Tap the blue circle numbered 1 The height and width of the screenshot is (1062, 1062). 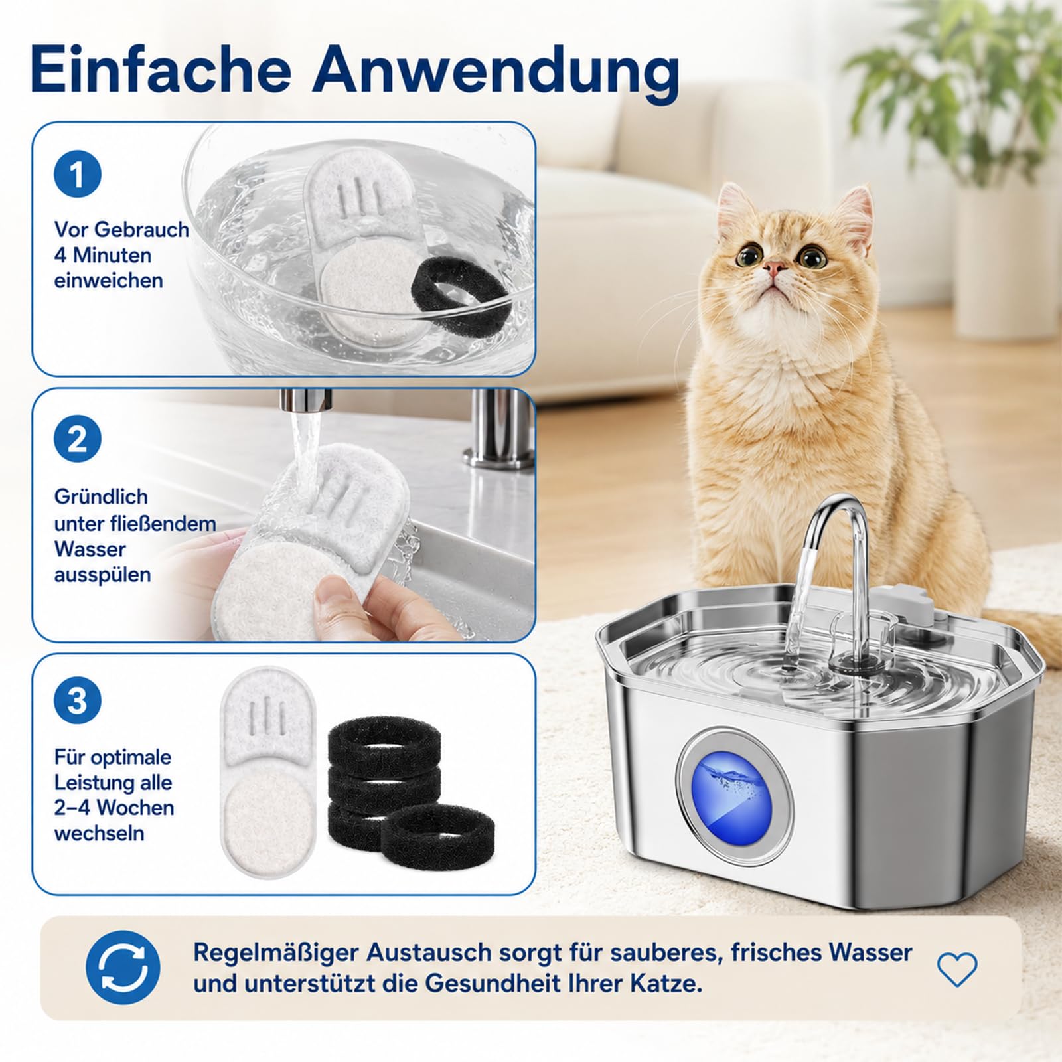(x=78, y=175)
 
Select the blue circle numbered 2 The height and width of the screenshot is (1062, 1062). (x=78, y=439)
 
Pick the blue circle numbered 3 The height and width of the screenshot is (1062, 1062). (x=78, y=701)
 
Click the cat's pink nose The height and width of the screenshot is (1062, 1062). (x=774, y=267)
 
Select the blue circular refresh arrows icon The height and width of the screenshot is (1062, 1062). (x=123, y=967)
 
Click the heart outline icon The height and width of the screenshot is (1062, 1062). (x=957, y=969)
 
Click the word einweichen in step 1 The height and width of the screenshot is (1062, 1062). (x=109, y=280)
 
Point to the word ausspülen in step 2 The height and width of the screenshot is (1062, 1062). (x=102, y=575)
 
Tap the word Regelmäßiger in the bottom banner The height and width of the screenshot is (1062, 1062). (x=275, y=953)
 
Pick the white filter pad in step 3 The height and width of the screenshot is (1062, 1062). (x=267, y=774)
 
